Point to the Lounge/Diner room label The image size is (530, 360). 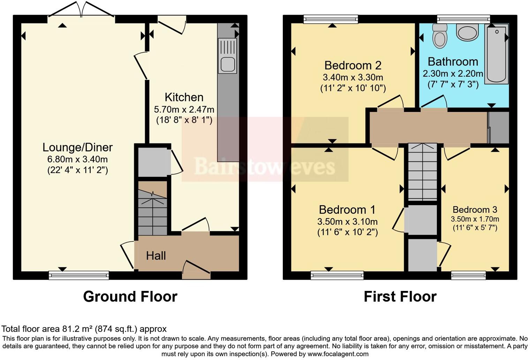[x=77, y=147]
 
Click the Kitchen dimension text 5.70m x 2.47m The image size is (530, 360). [x=184, y=109]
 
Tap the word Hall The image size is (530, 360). [x=156, y=256]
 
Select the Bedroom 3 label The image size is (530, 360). [x=475, y=209]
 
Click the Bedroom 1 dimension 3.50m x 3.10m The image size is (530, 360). [x=347, y=222]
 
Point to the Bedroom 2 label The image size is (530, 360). [x=353, y=65]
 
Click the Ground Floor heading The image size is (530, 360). [x=130, y=297]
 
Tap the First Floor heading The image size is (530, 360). [x=400, y=297]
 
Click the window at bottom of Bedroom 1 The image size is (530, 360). [x=337, y=275]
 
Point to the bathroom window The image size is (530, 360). [x=463, y=19]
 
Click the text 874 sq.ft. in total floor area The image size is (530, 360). [x=116, y=329]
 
